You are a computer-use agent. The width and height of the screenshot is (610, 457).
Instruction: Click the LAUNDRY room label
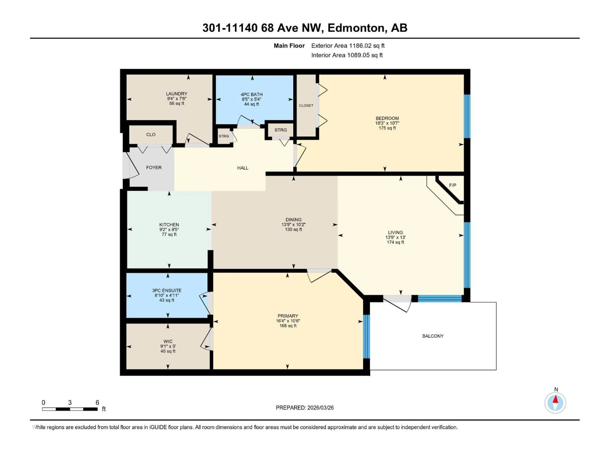click(176, 94)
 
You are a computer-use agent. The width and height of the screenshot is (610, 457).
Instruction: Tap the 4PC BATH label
click(251, 94)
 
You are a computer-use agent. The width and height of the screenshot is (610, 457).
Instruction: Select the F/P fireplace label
click(453, 185)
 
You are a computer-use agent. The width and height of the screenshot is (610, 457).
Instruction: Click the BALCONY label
click(433, 336)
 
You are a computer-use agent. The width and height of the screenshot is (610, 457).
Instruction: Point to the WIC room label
click(168, 341)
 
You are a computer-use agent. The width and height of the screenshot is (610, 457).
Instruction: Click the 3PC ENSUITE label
click(167, 290)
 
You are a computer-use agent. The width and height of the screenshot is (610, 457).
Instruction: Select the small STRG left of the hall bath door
click(224, 136)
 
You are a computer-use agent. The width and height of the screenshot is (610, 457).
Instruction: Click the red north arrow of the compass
click(555, 399)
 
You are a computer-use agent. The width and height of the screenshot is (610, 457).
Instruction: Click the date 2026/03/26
click(320, 408)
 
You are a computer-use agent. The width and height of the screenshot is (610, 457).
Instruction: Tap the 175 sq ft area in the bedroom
click(387, 128)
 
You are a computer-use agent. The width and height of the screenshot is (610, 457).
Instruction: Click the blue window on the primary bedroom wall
click(366, 336)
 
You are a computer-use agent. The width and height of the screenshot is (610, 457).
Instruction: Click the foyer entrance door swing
click(131, 167)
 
